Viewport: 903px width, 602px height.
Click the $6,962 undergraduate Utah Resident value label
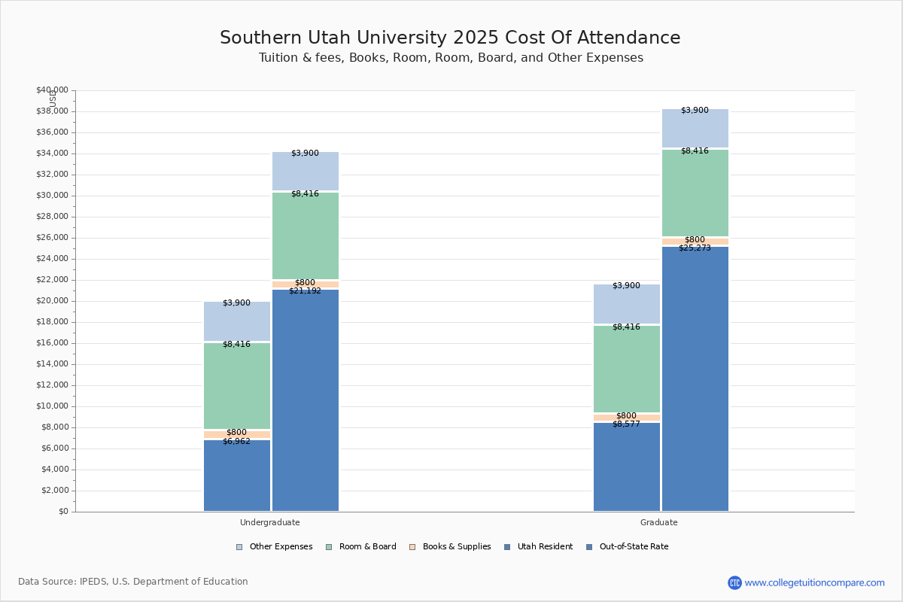[236, 442]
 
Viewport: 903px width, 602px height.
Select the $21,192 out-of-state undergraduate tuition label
[305, 291]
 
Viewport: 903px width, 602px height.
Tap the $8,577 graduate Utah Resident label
[626, 424]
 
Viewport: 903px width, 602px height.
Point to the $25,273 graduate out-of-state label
[695, 248]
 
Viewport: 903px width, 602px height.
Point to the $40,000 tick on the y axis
[52, 90]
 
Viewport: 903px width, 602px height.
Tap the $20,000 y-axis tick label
[52, 301]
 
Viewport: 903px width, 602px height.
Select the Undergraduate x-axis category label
[270, 522]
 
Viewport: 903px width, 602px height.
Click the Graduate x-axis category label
[659, 522]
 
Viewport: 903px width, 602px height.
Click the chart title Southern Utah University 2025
[450, 38]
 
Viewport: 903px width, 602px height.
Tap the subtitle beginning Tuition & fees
[450, 58]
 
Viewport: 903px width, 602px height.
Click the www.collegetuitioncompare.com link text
[814, 582]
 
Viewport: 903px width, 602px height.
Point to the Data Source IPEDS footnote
[133, 582]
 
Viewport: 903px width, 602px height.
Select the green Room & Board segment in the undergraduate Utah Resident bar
[236, 386]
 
